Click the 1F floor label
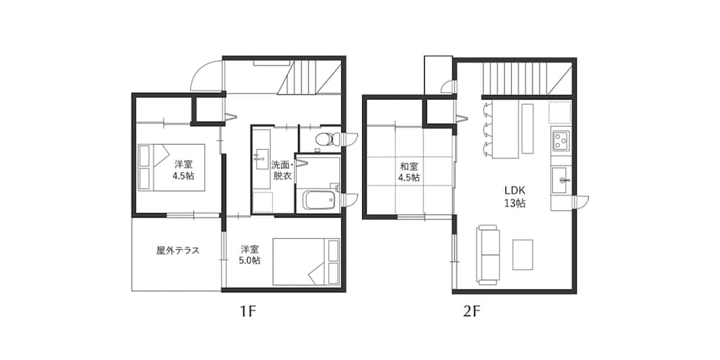tap(248, 312)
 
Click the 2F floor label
tap(472, 312)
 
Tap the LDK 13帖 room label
tap(514, 196)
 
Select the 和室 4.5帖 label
tap(410, 171)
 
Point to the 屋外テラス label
tap(177, 251)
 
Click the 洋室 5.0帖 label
tap(251, 254)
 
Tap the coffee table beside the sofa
tap(523, 254)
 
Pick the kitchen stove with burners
tap(561, 140)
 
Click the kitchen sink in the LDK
tap(561, 179)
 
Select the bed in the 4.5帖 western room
tap(171, 166)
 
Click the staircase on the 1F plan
tap(310, 77)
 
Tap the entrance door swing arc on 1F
tap(206, 76)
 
